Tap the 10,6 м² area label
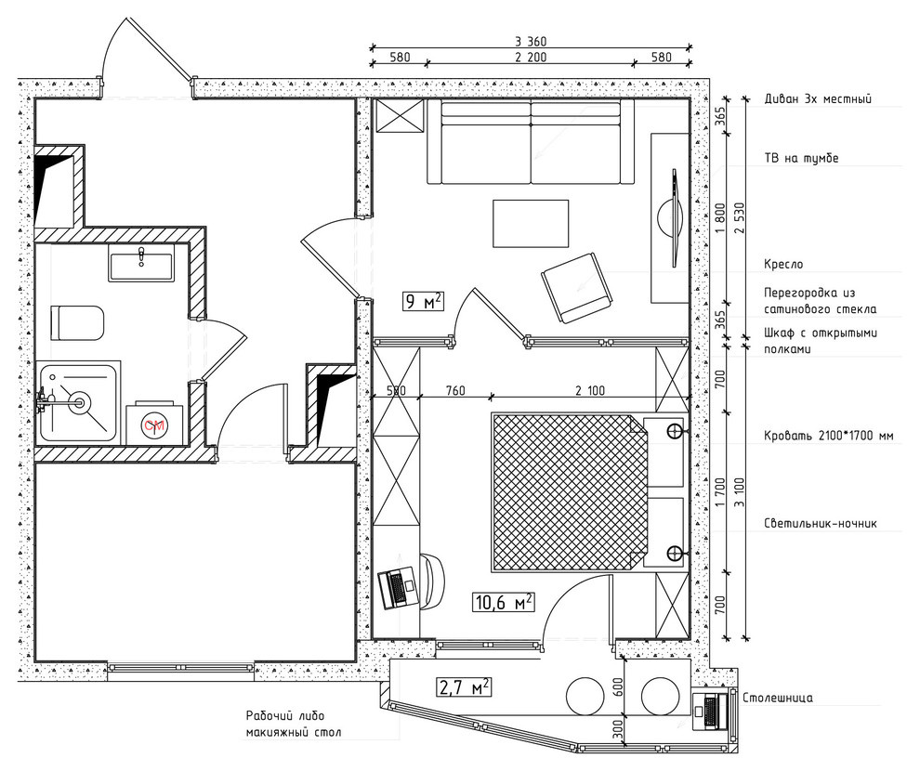pos(504,602)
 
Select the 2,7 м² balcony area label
pos(464,686)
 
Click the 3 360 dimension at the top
pos(531,42)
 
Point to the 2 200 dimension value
pos(531,57)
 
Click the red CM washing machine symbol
pos(155,425)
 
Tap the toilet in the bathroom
pos(77,322)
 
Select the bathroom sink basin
pos(141,262)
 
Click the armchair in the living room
pos(578,288)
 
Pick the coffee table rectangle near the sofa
pos(531,223)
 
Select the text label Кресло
pos(783,265)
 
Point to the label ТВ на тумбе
pos(801,158)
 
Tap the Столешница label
pos(778,699)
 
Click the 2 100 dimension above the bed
pos(589,390)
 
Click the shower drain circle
pos(77,403)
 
